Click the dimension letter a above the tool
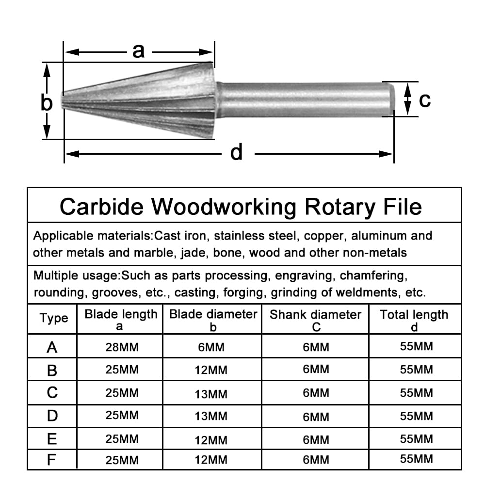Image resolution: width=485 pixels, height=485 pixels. (x=139, y=50)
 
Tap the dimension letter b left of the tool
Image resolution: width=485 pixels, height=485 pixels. (x=47, y=103)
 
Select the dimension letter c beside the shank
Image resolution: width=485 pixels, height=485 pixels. (x=424, y=100)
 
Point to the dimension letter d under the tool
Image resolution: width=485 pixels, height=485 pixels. (x=236, y=153)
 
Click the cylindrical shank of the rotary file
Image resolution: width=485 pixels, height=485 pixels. (x=306, y=99)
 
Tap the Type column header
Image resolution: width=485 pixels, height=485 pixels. (x=54, y=319)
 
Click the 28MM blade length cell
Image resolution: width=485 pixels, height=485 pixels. (x=122, y=347)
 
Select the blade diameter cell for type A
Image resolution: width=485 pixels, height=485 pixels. (x=212, y=347)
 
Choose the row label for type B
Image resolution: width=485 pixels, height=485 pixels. (x=52, y=370)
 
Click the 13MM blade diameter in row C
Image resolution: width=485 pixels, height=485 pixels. (x=212, y=394)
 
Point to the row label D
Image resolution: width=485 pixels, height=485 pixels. (x=52, y=416)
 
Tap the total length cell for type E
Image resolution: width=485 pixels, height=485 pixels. (x=416, y=439)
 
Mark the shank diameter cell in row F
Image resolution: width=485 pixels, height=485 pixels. (x=316, y=460)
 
